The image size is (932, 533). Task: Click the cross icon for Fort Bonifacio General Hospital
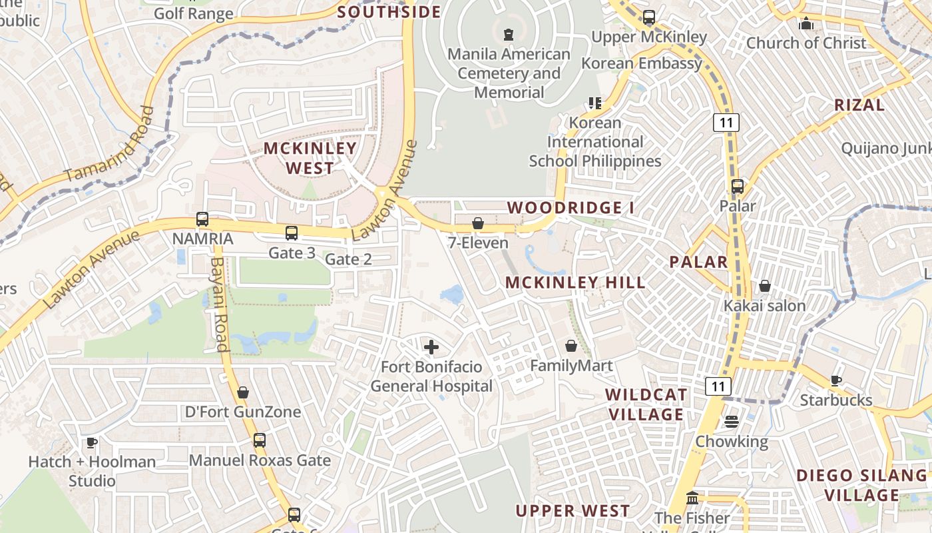coord(431,347)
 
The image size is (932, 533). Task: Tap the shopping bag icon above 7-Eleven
coord(478,223)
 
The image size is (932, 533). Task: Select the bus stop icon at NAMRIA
coord(202,219)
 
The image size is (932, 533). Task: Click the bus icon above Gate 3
coord(292,233)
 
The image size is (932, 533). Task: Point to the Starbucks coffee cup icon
coord(835,380)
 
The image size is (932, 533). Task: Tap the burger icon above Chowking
coord(732,422)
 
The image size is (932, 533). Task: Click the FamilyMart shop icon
coord(571,346)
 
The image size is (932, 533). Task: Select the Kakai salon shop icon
coord(765,286)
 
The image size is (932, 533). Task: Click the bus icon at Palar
coord(738,187)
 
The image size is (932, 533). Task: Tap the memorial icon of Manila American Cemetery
coord(509,34)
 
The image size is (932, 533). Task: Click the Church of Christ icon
coord(806,23)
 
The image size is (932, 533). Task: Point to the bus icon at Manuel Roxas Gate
coord(260,440)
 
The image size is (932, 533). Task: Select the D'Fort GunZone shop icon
coord(243,392)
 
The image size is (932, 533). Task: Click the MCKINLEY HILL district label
coord(575,282)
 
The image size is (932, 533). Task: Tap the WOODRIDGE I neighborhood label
coord(571,208)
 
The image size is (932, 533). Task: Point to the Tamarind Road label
coord(111,145)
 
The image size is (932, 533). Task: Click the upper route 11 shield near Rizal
coord(726,122)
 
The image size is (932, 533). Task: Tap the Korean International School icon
coord(594,103)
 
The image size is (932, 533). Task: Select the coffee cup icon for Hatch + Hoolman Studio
coord(92,442)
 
